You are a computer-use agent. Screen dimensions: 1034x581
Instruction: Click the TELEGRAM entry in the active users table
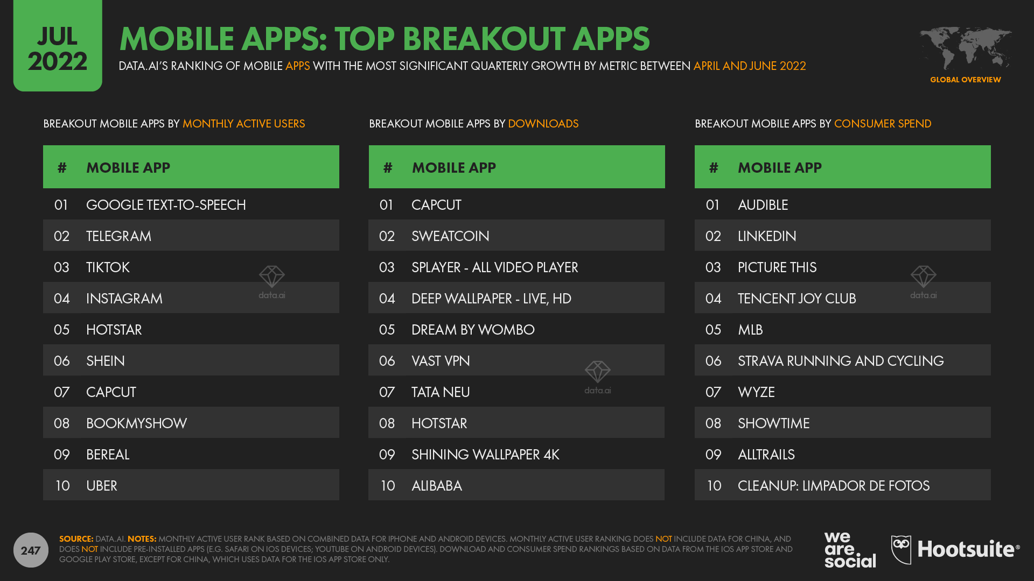coord(118,236)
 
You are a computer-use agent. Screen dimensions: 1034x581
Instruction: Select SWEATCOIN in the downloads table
coord(450,236)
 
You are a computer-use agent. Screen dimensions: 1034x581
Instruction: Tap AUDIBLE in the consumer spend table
coord(763,205)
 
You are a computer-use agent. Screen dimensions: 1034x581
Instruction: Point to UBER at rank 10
coord(102,486)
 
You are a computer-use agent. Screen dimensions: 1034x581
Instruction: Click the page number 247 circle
coord(31,550)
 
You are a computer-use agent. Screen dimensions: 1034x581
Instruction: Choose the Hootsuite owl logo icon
coord(901,549)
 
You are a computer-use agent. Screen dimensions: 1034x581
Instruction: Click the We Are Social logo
coord(850,550)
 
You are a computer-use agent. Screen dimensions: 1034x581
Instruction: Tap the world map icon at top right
coord(965,48)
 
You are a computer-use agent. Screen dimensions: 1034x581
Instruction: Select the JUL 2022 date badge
coord(58,46)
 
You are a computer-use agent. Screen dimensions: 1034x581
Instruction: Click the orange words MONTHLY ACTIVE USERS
coord(243,124)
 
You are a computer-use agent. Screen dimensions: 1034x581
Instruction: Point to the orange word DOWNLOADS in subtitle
coord(543,124)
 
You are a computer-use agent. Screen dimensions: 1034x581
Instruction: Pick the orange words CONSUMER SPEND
coord(883,124)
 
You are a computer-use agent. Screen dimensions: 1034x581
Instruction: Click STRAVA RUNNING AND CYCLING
coord(841,361)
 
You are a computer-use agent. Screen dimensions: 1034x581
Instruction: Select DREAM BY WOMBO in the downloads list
coord(473,330)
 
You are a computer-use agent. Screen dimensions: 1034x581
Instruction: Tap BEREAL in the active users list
coord(108,455)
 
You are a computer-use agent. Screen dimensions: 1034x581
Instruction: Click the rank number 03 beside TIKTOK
coord(61,267)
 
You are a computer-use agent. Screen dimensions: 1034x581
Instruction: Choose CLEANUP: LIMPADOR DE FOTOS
coord(834,486)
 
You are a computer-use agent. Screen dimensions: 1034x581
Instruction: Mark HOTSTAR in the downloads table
coord(439,423)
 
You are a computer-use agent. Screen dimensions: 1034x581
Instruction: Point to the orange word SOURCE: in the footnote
coord(76,539)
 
